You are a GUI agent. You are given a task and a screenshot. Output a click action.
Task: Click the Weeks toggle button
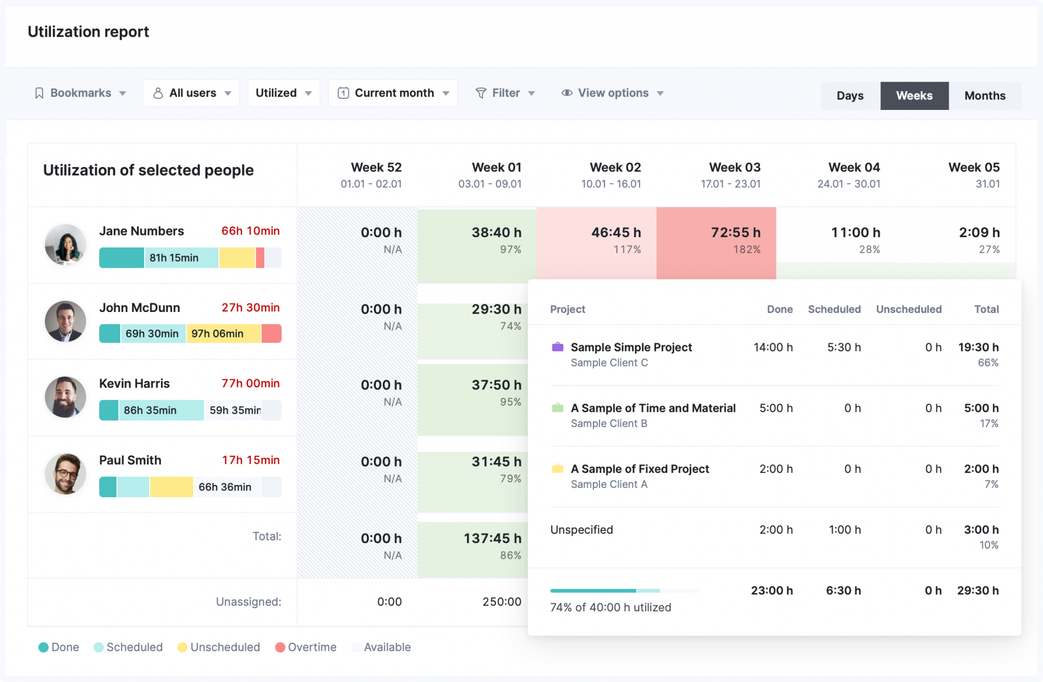(914, 96)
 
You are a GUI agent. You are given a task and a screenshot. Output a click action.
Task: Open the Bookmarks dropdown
(80, 93)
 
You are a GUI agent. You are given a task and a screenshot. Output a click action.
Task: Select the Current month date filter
(393, 93)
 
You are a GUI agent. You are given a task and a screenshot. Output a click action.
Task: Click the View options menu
(613, 93)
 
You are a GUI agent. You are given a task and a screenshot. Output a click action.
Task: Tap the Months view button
(984, 96)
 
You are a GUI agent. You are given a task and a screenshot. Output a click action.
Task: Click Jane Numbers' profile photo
(65, 245)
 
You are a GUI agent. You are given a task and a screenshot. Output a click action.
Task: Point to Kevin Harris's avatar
(65, 397)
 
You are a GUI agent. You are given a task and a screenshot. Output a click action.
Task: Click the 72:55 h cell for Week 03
(735, 233)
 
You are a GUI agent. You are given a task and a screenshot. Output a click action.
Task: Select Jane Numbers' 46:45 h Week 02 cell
(616, 233)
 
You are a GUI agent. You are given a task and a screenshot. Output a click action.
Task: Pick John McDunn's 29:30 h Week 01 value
(496, 309)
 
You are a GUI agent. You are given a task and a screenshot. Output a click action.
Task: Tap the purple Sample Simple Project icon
(558, 347)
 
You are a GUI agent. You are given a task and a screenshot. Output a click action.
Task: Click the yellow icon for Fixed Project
(558, 469)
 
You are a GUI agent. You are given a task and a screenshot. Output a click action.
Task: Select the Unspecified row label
(582, 530)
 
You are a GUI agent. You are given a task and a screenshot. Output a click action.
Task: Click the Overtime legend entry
(306, 647)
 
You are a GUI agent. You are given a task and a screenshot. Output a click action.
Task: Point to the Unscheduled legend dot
(182, 647)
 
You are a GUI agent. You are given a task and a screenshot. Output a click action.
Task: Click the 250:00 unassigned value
(502, 602)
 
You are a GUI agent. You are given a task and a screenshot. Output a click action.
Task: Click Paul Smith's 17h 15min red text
(251, 460)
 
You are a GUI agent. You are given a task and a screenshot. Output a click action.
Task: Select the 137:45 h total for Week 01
(492, 538)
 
